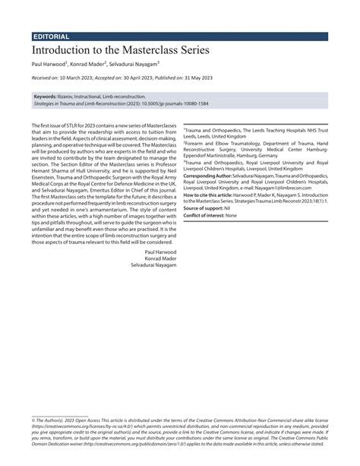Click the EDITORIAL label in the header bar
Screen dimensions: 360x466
pos(52,36)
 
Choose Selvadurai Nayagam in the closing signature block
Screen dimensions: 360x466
pos(155,265)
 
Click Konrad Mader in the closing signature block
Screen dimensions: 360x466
pos(162,258)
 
